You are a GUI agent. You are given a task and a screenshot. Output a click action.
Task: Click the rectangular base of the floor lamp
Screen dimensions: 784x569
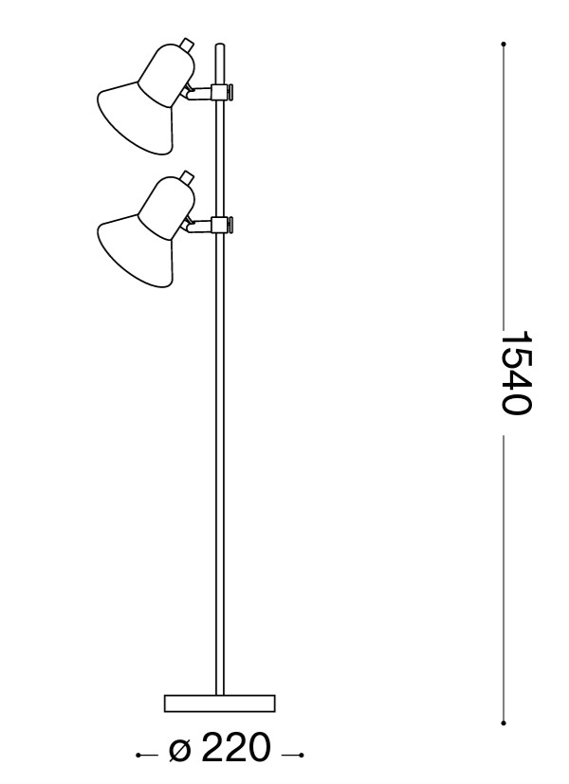click(x=219, y=702)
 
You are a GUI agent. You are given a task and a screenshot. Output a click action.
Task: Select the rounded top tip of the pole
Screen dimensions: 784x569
click(x=220, y=46)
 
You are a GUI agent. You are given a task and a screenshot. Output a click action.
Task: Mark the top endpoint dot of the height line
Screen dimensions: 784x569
click(x=503, y=44)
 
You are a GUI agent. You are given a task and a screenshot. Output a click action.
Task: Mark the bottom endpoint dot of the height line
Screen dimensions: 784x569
click(x=503, y=721)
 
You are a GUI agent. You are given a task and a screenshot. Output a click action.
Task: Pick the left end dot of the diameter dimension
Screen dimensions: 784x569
click(x=138, y=756)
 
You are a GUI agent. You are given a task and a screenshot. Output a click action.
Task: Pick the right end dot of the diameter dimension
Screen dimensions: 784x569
click(x=301, y=756)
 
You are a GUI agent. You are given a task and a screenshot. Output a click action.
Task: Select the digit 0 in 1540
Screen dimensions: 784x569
click(x=516, y=404)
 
